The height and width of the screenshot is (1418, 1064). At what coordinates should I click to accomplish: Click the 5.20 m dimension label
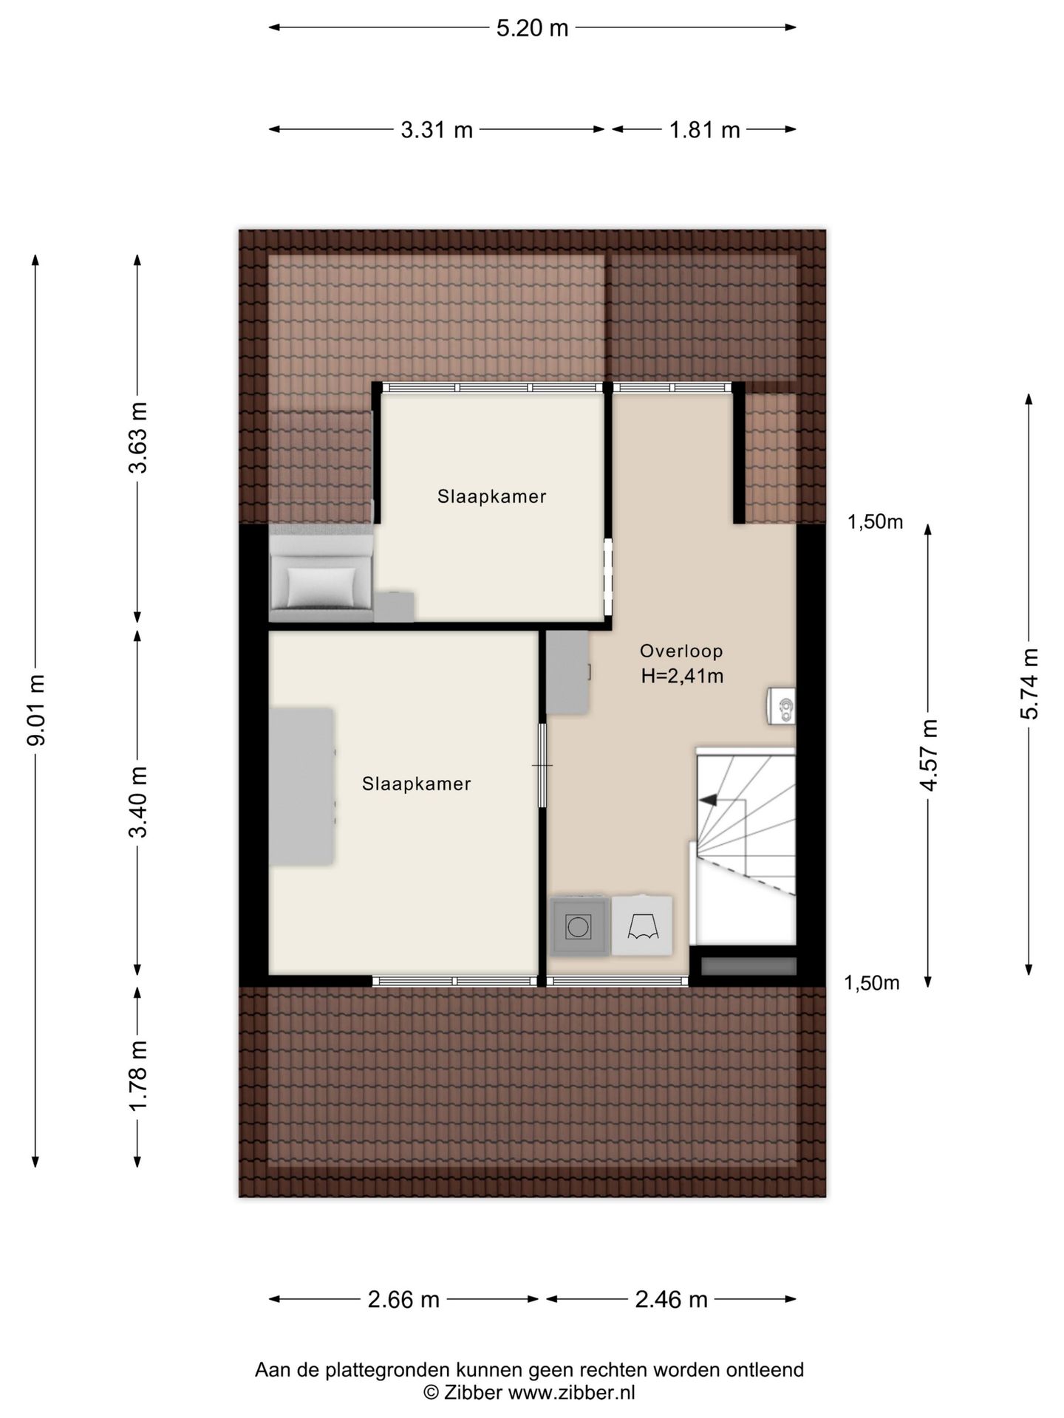[x=532, y=28]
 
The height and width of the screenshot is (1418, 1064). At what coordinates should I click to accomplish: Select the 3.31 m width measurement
[x=437, y=130]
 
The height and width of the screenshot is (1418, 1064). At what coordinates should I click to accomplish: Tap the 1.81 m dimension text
[x=704, y=130]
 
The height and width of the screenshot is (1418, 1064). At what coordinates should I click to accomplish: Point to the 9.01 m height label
[x=35, y=710]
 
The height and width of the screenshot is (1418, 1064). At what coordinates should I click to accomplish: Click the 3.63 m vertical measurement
[x=137, y=438]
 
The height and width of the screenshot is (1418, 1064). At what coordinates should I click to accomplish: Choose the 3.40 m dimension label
[x=137, y=801]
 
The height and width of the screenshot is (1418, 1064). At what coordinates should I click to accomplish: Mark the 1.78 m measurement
[x=137, y=1075]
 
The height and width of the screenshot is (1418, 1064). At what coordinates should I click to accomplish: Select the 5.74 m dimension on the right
[x=1029, y=683]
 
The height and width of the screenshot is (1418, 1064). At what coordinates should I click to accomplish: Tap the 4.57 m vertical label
[x=929, y=755]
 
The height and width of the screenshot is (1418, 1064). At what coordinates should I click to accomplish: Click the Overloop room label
[x=681, y=651]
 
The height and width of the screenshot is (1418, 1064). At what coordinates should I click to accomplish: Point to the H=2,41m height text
[x=682, y=676]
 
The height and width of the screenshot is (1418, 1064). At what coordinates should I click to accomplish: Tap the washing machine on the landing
[x=579, y=926]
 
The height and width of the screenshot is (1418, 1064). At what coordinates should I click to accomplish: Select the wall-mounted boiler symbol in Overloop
[x=781, y=706]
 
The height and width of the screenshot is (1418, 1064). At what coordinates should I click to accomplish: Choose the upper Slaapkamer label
[x=491, y=497]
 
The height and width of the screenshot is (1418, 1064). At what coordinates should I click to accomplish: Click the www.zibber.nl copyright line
[x=529, y=1392]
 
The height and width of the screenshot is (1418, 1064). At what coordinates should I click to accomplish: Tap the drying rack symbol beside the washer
[x=642, y=926]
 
